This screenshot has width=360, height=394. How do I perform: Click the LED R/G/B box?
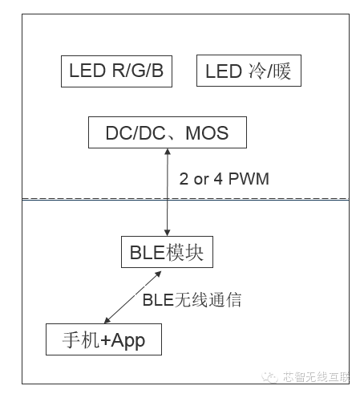click(116, 71)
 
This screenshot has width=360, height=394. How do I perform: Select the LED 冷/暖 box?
click(249, 71)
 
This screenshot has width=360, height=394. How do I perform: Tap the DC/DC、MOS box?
click(168, 132)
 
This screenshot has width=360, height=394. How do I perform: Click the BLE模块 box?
click(167, 252)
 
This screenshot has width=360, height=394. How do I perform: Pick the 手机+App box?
click(103, 339)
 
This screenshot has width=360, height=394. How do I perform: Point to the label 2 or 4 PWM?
click(224, 179)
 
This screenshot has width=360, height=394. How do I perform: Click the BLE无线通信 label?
click(192, 299)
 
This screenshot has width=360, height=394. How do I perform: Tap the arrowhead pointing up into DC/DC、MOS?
click(168, 152)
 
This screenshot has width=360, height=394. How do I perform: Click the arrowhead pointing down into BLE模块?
click(168, 233)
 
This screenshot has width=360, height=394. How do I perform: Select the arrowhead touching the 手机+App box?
click(107, 320)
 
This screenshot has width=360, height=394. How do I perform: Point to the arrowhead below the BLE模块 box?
click(158, 274)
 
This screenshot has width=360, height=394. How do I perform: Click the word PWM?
click(249, 179)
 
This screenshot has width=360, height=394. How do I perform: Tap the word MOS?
click(207, 132)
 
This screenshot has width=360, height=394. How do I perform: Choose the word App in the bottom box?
click(128, 341)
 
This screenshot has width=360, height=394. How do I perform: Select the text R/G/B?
click(138, 71)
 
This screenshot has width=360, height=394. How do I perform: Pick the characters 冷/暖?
click(269, 71)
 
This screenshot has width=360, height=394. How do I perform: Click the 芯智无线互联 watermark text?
click(316, 377)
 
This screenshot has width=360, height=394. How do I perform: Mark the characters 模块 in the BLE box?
click(184, 253)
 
